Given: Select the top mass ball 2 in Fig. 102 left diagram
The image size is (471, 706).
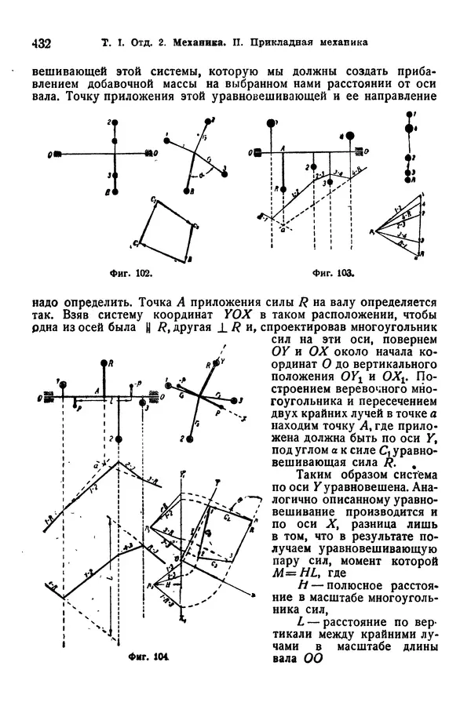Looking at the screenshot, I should click(116, 123).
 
